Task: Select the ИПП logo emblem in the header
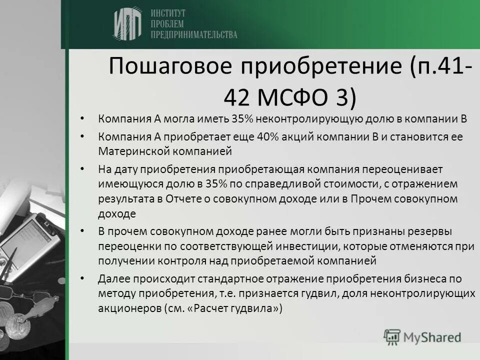tap(127, 23)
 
